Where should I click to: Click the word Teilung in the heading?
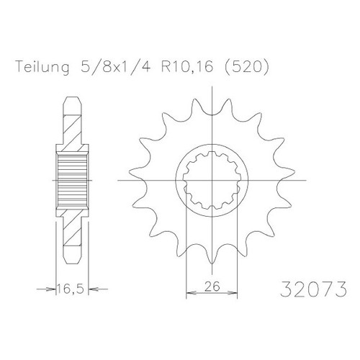tap(42, 67)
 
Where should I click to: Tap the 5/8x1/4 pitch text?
tap(116, 67)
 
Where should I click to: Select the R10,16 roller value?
tap(187, 67)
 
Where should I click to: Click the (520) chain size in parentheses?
tap(246, 67)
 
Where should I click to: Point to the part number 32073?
tap(313, 289)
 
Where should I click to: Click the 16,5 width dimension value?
tap(71, 289)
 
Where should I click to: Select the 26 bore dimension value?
tap(212, 287)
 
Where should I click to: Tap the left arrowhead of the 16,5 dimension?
tap(51, 289)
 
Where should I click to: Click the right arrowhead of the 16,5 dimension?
tap(94, 289)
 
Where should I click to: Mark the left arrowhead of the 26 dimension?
tap(192, 293)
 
